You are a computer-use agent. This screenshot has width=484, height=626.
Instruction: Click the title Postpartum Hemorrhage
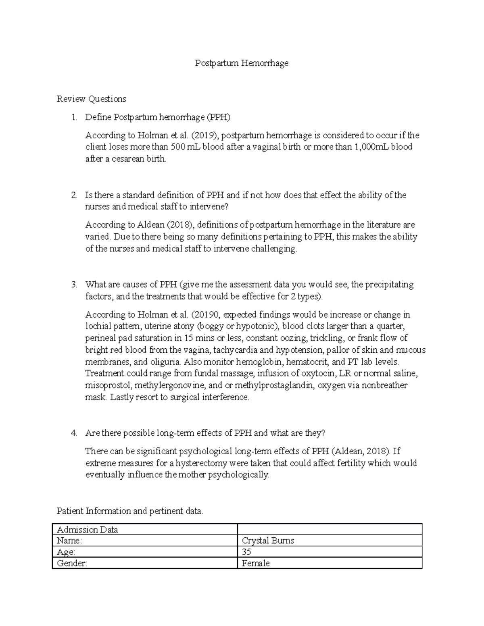pyautogui.click(x=242, y=63)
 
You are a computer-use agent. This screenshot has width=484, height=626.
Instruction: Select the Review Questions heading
pyautogui.click(x=91, y=99)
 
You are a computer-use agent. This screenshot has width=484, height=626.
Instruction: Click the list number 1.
pyautogui.click(x=73, y=118)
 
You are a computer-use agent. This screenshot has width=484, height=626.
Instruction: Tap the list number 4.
pyautogui.click(x=73, y=433)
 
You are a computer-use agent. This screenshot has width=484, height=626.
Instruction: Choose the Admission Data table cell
pyautogui.click(x=144, y=530)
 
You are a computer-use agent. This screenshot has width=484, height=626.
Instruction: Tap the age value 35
pyautogui.click(x=246, y=552)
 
